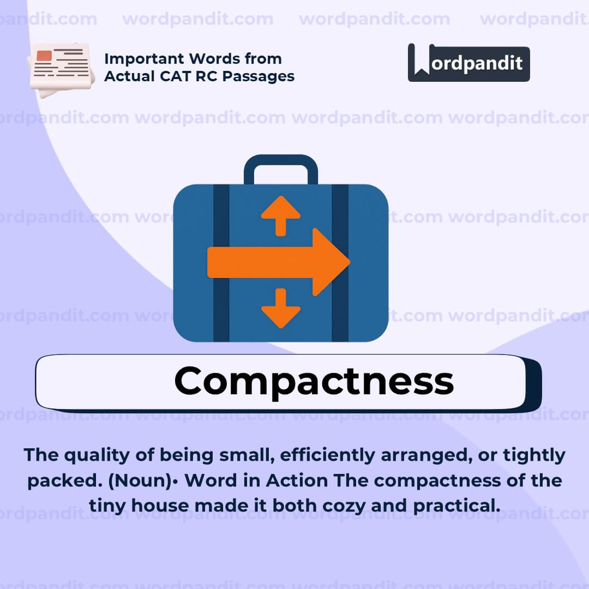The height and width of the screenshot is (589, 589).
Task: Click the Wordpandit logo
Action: click(x=468, y=63)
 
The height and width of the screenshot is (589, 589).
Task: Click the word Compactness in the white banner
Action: click(x=314, y=381)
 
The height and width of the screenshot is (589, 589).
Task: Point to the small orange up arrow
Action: click(x=281, y=214)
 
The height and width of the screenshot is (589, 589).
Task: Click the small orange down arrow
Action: click(x=281, y=309)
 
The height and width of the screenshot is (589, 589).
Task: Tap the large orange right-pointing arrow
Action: click(x=278, y=262)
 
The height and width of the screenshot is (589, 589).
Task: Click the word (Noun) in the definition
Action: click(x=150, y=480)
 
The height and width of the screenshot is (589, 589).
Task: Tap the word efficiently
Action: click(x=333, y=455)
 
